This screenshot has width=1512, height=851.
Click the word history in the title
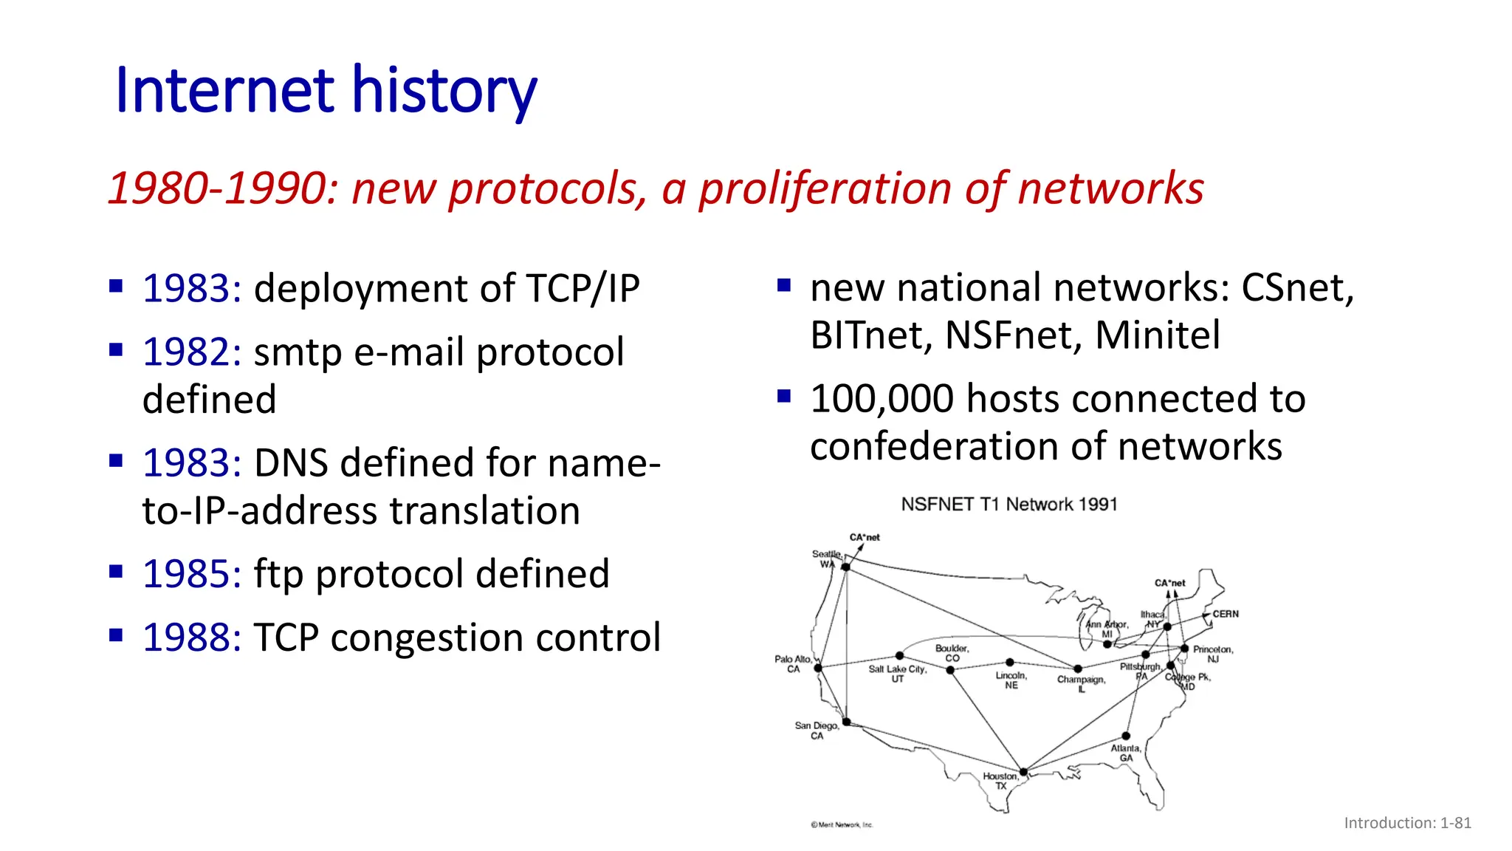point(444,92)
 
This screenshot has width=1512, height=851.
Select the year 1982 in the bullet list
point(191,352)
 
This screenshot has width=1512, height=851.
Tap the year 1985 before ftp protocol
point(191,574)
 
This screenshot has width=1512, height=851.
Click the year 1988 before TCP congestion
point(191,638)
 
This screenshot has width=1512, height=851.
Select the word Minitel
point(1157,335)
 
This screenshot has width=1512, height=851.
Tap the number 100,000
point(882,399)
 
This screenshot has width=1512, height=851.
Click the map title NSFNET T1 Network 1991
point(1008,505)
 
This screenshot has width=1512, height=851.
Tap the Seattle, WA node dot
point(846,567)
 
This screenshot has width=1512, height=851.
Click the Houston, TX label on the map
point(1000,781)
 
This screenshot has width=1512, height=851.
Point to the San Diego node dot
point(847,722)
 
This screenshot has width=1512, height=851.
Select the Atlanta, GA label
point(1126,753)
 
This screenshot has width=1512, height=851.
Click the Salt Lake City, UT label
point(897,674)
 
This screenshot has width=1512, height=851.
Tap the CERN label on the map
point(1226,614)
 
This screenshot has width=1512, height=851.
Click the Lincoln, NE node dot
point(1009,663)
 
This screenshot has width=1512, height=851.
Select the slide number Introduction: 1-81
point(1407,823)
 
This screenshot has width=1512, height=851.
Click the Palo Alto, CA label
point(793,664)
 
